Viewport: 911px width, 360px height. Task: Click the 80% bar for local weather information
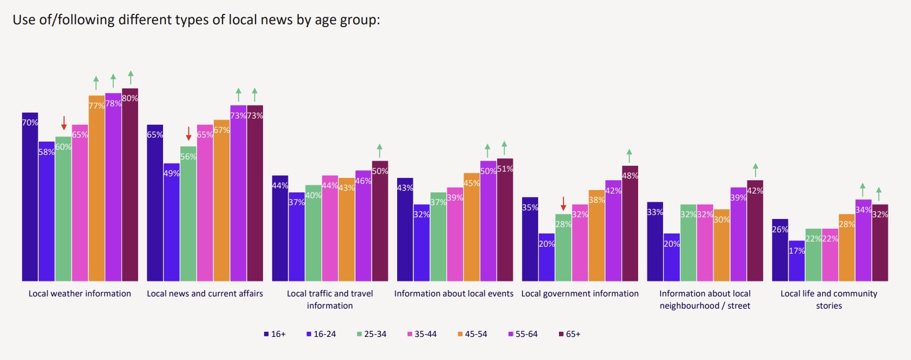click(x=130, y=185)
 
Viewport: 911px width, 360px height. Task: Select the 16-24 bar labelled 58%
click(x=47, y=211)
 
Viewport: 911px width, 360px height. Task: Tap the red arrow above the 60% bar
click(x=64, y=123)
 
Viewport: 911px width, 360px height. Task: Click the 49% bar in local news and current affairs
click(x=172, y=222)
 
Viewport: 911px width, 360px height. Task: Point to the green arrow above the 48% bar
click(x=629, y=156)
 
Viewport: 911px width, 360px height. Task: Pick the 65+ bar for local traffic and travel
click(x=380, y=221)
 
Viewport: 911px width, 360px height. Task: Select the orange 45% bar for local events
click(x=472, y=227)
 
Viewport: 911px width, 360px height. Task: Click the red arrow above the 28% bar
click(x=563, y=204)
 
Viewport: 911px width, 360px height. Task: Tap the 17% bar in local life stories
click(x=797, y=261)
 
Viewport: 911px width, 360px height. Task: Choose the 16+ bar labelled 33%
click(x=655, y=241)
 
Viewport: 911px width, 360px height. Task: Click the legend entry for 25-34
click(x=372, y=334)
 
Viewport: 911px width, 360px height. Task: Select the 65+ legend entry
click(x=569, y=334)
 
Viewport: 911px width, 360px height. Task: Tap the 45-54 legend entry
click(x=472, y=334)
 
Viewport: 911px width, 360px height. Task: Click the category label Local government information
click(x=580, y=294)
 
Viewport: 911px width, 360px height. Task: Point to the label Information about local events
click(x=453, y=294)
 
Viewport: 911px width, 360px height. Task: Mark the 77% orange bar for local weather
click(x=97, y=188)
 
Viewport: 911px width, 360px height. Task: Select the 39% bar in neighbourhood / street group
click(x=739, y=234)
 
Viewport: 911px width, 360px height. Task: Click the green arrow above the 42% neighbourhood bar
click(x=756, y=170)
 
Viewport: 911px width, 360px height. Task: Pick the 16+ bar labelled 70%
click(x=30, y=197)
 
